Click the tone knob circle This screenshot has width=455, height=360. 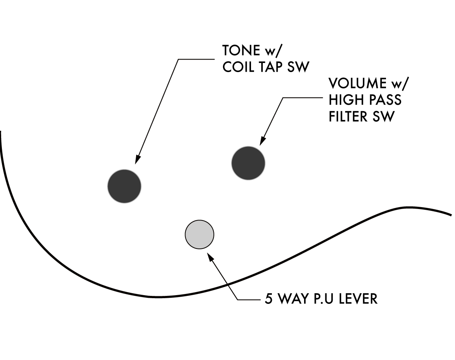tap(124, 186)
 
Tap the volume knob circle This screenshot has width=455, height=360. tap(248, 163)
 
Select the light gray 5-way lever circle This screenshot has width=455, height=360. tap(199, 235)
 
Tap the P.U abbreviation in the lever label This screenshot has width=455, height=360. tap(322, 299)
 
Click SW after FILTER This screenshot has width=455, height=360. tap(383, 116)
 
